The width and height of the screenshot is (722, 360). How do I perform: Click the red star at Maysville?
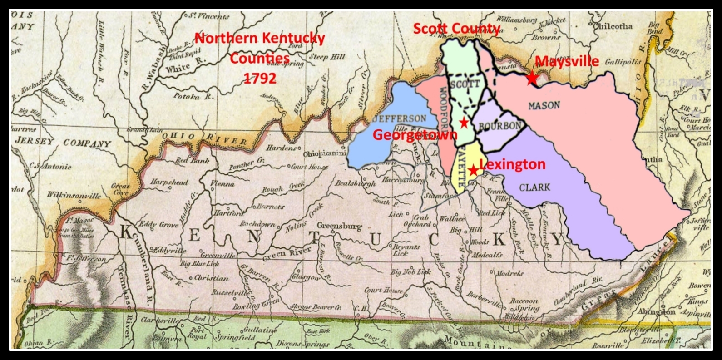pyautogui.click(x=532, y=79)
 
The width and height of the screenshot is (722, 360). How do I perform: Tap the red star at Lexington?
pyautogui.click(x=473, y=170)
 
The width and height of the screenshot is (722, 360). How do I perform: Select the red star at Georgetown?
pyautogui.click(x=464, y=122)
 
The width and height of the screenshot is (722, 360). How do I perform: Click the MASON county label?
pyautogui.click(x=544, y=106)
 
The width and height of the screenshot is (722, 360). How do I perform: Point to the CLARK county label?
pyautogui.click(x=534, y=187)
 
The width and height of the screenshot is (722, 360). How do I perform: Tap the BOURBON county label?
pyautogui.click(x=499, y=126)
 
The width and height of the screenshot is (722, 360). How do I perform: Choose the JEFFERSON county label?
pyautogui.click(x=399, y=119)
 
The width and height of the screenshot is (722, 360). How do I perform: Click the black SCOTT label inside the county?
pyautogui.click(x=465, y=84)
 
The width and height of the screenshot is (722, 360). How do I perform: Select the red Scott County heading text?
pyautogui.click(x=456, y=29)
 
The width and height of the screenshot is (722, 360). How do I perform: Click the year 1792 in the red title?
pyautogui.click(x=260, y=78)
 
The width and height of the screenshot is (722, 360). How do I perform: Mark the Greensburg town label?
pyautogui.click(x=339, y=226)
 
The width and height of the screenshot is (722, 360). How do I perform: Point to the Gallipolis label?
pyautogui.click(x=623, y=62)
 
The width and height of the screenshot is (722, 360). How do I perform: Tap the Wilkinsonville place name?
pyautogui.click(x=74, y=196)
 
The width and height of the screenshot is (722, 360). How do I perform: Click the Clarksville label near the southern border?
pyautogui.click(x=158, y=321)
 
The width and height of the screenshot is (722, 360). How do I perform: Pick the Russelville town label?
pyautogui.click(x=230, y=293)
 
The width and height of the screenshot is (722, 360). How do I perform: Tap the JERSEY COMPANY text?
pyautogui.click(x=63, y=142)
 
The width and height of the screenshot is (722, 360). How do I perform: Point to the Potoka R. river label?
pyautogui.click(x=193, y=96)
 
